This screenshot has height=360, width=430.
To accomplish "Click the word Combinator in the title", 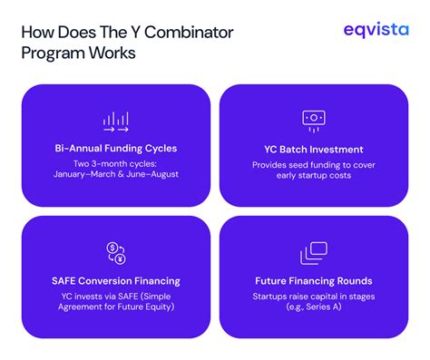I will coord(186,33).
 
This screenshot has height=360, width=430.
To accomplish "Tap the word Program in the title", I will coord(54,54).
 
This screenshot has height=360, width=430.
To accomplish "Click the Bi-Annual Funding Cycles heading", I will coord(114,149).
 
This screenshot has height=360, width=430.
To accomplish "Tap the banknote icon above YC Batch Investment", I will coord(314,119).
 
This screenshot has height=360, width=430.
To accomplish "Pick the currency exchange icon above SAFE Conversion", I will coord(114,252).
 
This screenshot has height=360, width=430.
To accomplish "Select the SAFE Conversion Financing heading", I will coord(114,281).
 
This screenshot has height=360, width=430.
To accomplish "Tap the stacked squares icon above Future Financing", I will coord(314,253).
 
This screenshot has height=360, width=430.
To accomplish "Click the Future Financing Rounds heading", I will coord(314,281).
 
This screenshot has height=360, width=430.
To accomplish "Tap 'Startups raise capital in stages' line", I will coord(314,297).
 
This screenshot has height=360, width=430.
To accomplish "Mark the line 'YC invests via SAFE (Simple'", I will coord(114,297).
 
